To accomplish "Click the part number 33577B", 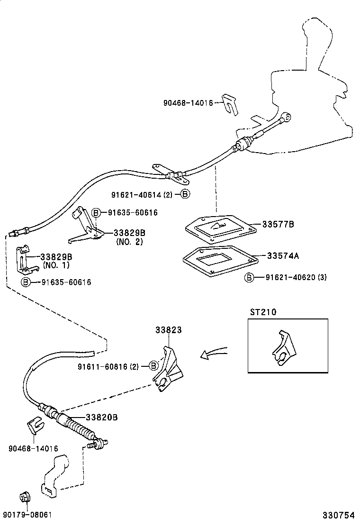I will (278, 224).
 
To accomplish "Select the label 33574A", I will (282, 255).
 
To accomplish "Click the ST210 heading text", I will (263, 312).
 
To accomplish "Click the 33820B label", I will (101, 417).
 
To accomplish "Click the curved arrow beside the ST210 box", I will (214, 354).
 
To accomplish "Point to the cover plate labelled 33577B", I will (220, 227).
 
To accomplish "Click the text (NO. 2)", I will (129, 241).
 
